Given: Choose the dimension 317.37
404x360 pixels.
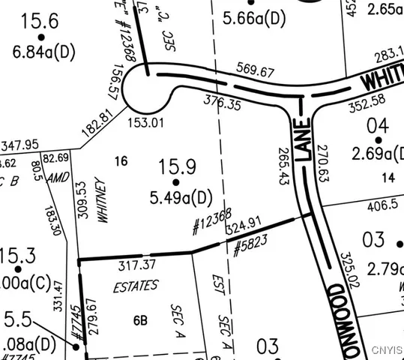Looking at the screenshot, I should pos(136,265).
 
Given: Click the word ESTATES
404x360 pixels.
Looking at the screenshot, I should pos(136,286).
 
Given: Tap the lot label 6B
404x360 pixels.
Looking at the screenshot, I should pos(140,321).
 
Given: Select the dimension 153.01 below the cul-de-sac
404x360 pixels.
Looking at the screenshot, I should pos(145,122).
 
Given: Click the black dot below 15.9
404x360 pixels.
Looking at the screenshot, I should pos(177,181).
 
